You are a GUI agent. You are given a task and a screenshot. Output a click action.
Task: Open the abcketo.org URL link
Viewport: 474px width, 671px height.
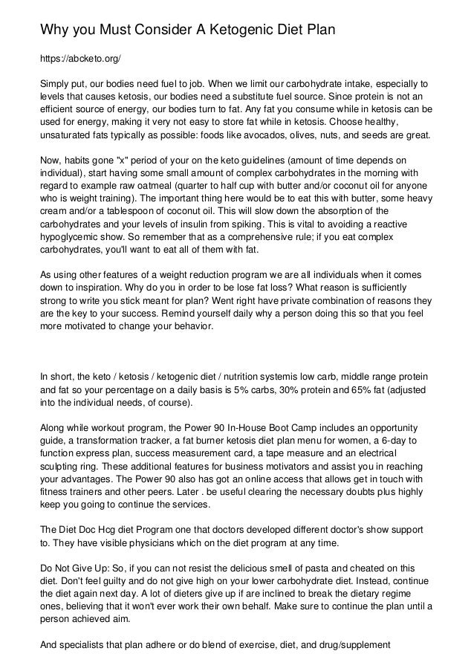80,58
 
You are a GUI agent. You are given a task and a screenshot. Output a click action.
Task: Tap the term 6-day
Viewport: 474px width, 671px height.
388,444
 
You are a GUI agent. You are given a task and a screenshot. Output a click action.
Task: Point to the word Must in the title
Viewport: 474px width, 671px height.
103,30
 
